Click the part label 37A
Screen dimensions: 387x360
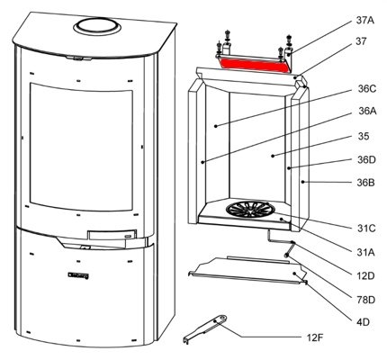(365, 21)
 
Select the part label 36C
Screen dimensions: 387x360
(366, 89)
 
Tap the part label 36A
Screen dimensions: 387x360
(367, 112)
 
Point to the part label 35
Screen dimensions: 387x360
(364, 137)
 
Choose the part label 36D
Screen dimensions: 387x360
(366, 159)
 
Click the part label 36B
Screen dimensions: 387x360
(365, 183)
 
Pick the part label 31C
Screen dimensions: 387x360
(366, 229)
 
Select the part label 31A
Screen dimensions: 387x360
(365, 253)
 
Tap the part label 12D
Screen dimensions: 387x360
(365, 276)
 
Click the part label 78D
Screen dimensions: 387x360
(365, 300)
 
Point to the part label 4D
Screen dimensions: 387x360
(363, 322)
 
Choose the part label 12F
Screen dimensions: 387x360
(315, 338)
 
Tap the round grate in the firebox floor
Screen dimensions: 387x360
(248, 209)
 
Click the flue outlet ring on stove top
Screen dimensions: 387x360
(97, 27)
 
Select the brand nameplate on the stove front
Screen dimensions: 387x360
(78, 275)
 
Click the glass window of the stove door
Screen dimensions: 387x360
(81, 147)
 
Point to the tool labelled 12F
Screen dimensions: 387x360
(205, 328)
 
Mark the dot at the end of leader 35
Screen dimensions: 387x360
(273, 156)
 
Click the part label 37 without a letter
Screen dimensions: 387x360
(362, 41)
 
